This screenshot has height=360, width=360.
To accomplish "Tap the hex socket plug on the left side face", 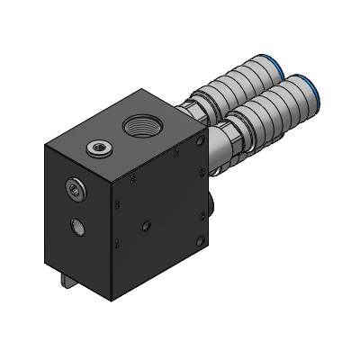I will (73, 188).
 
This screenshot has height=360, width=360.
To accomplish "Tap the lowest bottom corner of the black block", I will (112, 300).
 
